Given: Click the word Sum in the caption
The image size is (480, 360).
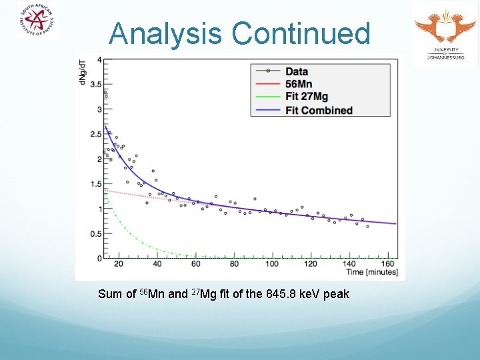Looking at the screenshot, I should click(109, 294).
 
